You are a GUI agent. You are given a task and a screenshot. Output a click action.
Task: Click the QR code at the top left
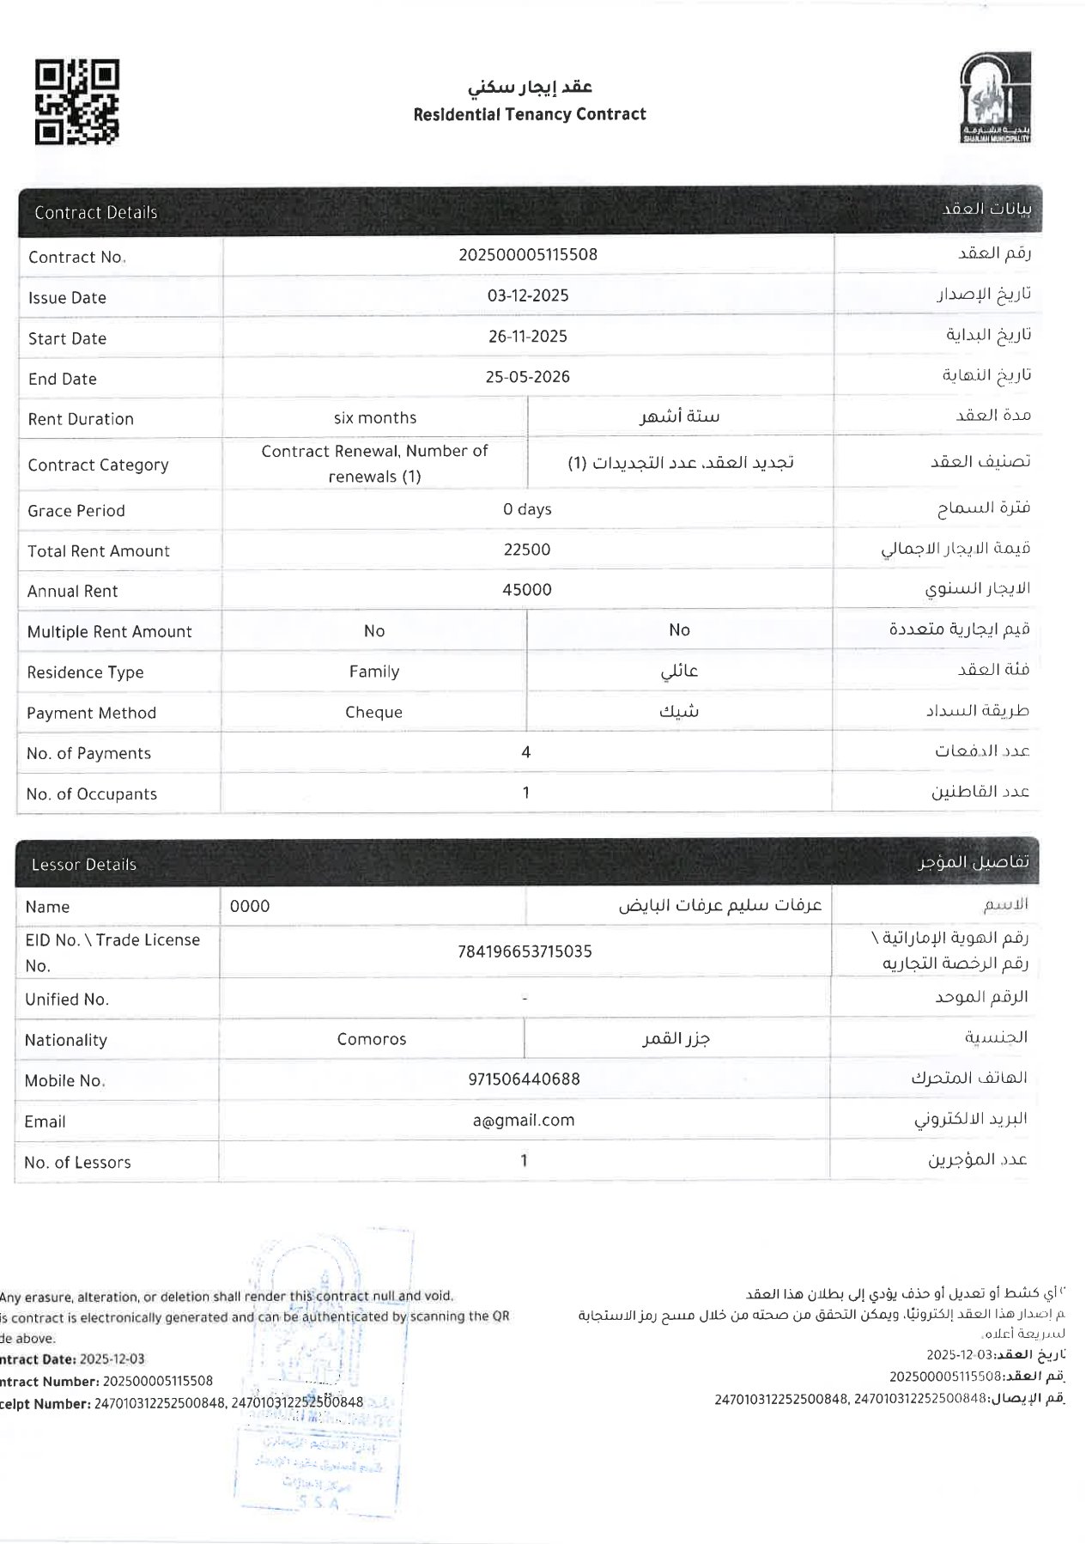point(76,101)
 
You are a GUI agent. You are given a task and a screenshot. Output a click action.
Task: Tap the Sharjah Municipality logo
point(994,98)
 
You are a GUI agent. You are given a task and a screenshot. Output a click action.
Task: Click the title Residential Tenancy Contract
point(529,114)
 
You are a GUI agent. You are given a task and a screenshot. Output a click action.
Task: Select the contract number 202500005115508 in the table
point(528,255)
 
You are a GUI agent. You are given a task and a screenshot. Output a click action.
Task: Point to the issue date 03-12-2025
point(528,295)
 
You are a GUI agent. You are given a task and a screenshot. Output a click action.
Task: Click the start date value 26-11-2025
point(528,337)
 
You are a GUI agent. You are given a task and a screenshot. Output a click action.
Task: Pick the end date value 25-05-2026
point(528,377)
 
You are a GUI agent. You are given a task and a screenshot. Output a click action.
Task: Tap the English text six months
point(375,418)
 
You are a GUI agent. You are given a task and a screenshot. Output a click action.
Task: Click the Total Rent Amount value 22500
point(527,550)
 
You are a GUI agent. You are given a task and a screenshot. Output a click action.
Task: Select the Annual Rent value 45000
point(527,590)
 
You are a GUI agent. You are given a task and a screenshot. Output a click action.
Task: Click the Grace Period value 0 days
point(527,509)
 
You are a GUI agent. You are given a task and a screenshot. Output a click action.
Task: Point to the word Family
point(374,672)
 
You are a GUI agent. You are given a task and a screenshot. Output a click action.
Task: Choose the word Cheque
point(373,712)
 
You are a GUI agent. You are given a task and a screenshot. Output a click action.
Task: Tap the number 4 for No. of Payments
point(526,752)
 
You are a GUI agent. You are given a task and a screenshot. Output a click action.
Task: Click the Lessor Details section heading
point(84,865)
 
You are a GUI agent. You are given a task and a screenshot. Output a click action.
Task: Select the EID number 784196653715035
point(525,951)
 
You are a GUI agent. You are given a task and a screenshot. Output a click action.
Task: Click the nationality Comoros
point(372,1039)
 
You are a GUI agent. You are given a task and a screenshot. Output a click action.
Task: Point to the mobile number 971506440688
point(524,1079)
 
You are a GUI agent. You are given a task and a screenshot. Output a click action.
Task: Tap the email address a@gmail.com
point(524,1120)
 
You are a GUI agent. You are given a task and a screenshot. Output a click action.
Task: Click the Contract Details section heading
point(96,213)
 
